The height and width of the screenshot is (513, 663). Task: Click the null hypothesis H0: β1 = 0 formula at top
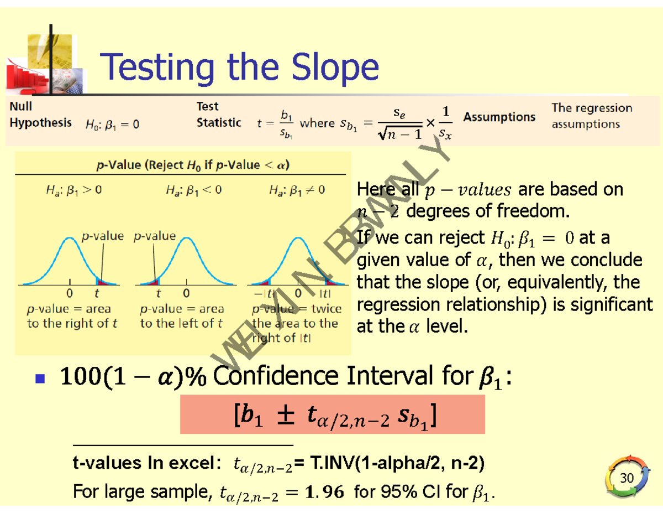(112, 125)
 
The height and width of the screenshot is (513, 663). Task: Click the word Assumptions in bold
(499, 117)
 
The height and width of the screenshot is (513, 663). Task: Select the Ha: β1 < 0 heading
(193, 190)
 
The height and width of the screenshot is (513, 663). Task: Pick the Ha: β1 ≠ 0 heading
(297, 190)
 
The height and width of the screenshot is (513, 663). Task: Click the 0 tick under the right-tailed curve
(70, 293)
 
